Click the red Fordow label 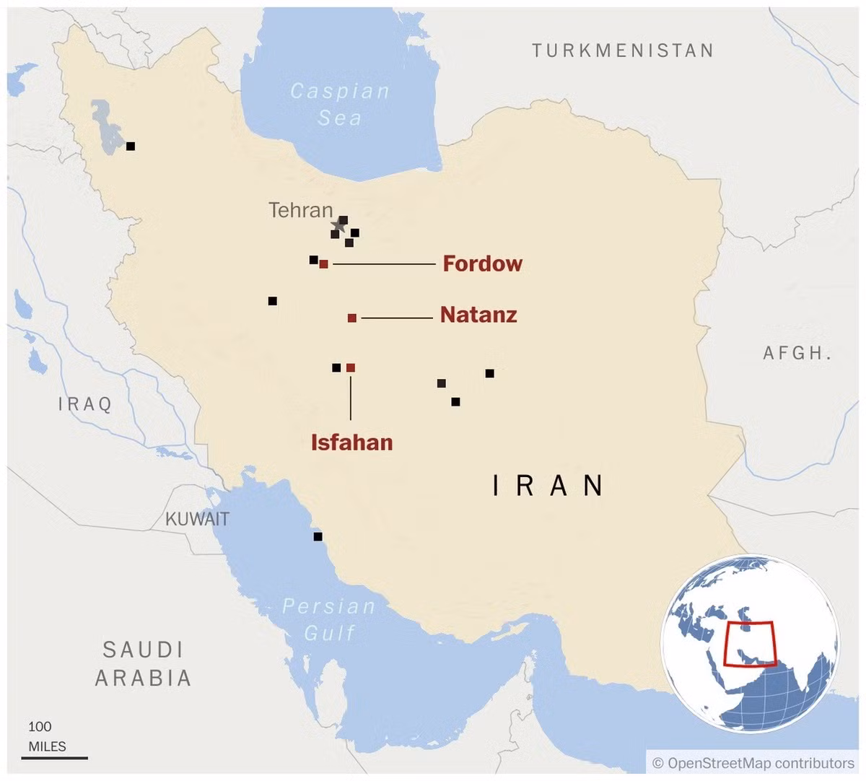pyautogui.click(x=482, y=263)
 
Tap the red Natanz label pyautogui.click(x=478, y=315)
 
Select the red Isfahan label pyautogui.click(x=351, y=442)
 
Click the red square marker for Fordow pyautogui.click(x=324, y=264)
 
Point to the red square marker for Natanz pyautogui.click(x=352, y=318)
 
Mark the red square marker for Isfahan pyautogui.click(x=351, y=368)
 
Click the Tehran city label pyautogui.click(x=300, y=211)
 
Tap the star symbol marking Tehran pyautogui.click(x=337, y=224)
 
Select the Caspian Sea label pyautogui.click(x=339, y=105)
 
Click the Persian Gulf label pyautogui.click(x=329, y=619)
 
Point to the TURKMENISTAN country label pyautogui.click(x=623, y=51)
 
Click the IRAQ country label pyautogui.click(x=85, y=404)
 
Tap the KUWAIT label pyautogui.click(x=197, y=519)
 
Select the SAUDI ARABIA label pyautogui.click(x=143, y=663)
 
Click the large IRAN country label pyautogui.click(x=548, y=486)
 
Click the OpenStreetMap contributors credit pyautogui.click(x=753, y=763)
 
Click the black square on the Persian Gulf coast pyautogui.click(x=318, y=537)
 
